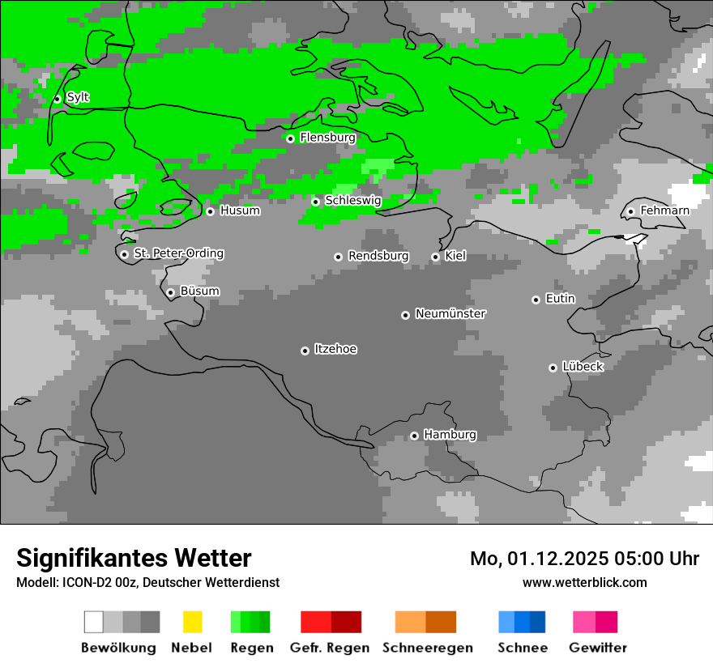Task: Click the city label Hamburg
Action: [450, 435]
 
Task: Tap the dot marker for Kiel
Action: [435, 257]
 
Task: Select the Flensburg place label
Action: [327, 138]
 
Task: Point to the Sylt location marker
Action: [57, 99]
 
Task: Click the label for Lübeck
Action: [583, 367]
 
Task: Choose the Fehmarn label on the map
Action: [664, 211]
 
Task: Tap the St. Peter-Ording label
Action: [178, 253]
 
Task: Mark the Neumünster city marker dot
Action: [405, 315]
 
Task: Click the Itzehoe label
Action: [335, 349]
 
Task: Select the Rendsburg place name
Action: [378, 256]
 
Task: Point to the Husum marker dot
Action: [210, 211]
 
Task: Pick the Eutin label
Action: [560, 299]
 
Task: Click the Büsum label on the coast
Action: [199, 291]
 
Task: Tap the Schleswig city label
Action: [352, 200]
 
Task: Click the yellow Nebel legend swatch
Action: [192, 622]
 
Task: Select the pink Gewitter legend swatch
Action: [595, 622]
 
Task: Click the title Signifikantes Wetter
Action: [134, 558]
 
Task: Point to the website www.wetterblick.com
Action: [584, 582]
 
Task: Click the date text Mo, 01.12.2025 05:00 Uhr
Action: [584, 559]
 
